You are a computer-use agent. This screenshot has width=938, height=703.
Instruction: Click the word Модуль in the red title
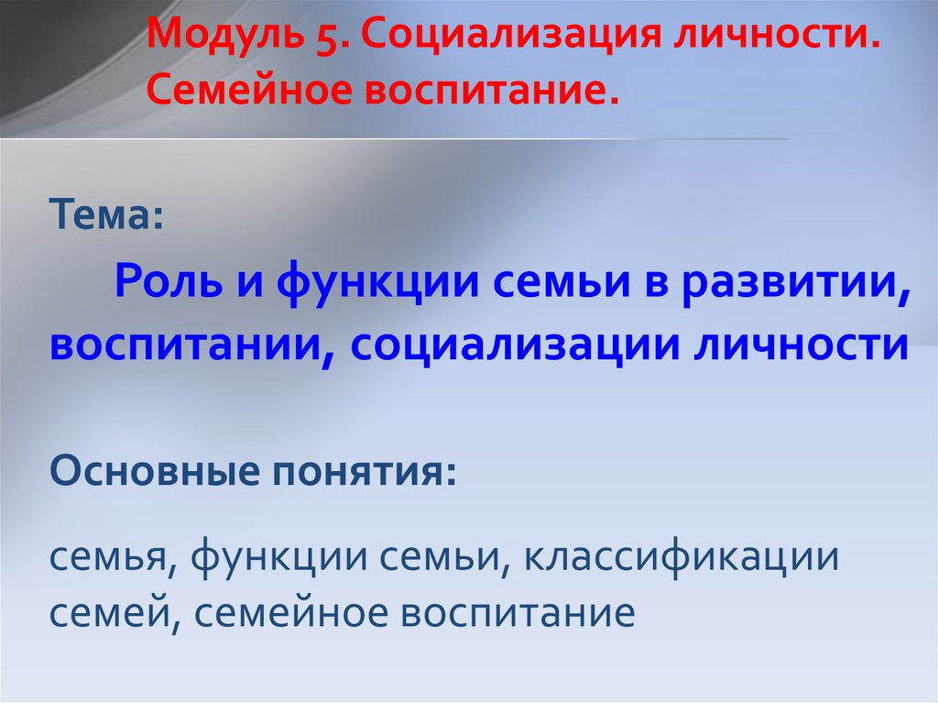pos(225,34)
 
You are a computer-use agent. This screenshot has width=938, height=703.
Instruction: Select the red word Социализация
pos(511,34)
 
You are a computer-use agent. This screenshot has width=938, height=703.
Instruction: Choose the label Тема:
pos(106,214)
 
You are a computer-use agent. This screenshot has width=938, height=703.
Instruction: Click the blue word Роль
pos(168,281)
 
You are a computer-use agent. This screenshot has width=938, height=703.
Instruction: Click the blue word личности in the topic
pos(801,345)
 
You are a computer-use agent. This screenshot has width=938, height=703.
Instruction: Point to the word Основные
pos(156,471)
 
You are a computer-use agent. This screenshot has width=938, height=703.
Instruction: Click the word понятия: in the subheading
pos(365,472)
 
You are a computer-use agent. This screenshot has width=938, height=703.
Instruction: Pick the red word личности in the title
pos(777,34)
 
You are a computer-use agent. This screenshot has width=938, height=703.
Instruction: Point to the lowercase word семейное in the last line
pos(290,613)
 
